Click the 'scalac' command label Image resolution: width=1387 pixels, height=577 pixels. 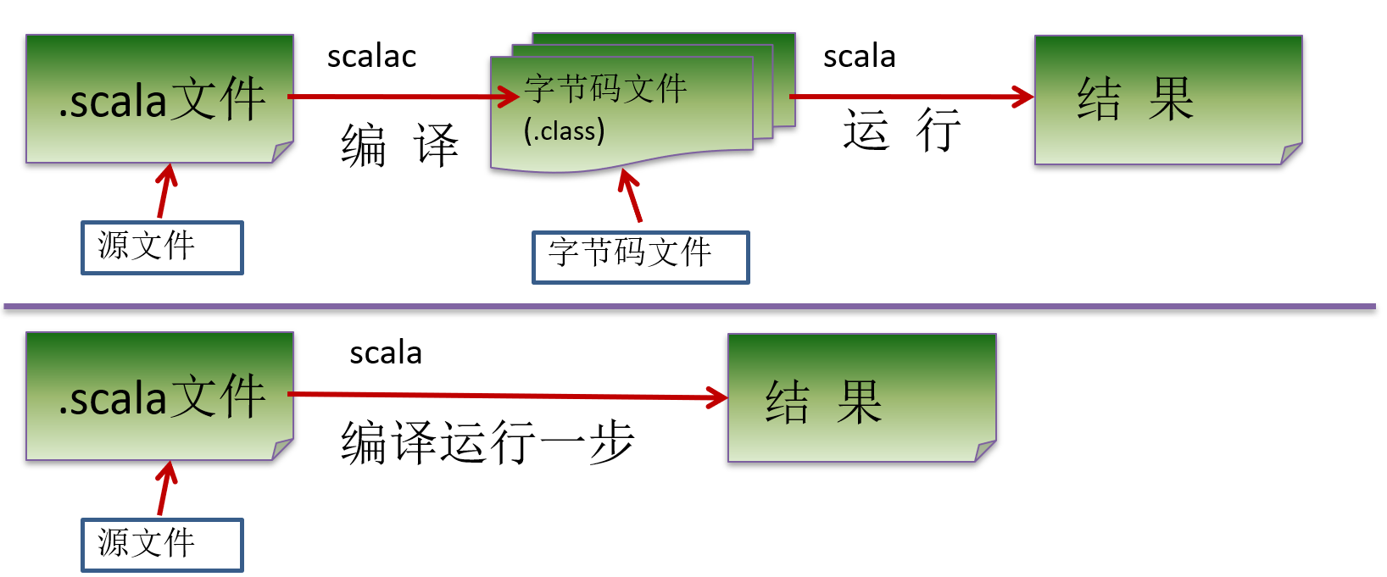coord(371,57)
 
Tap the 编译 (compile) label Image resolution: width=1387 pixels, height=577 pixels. coord(399,145)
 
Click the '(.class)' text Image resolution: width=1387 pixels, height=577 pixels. coord(564,131)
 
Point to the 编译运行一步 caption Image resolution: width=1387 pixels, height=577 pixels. coord(487,441)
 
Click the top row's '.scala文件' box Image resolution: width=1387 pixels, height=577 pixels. coord(159,98)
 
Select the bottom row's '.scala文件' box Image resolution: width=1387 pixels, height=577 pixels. coord(159,396)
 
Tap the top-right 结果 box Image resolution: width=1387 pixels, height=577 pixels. coord(1167,99)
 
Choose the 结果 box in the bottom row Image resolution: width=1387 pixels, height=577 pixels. coord(861,397)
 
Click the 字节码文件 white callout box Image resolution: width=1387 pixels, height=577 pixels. coord(640,257)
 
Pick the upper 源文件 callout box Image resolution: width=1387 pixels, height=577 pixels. coord(162,247)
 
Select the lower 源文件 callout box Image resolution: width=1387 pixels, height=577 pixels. coord(162,545)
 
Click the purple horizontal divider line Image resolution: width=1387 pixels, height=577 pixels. coord(688,306)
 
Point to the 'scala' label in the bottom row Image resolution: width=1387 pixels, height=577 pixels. coord(386,352)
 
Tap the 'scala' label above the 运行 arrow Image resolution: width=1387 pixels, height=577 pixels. coord(859,57)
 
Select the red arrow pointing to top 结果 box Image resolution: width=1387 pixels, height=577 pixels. coord(911,97)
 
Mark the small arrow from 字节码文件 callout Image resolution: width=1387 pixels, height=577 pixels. coord(631,196)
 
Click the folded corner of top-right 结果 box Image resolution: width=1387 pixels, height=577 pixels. coord(1291,153)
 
